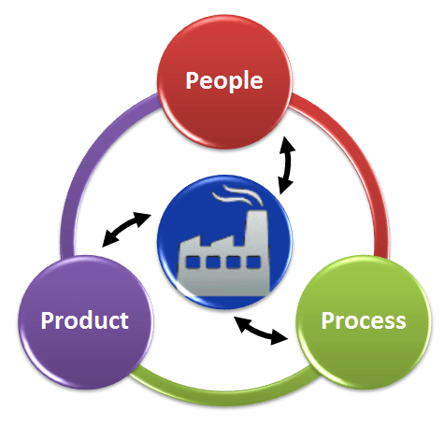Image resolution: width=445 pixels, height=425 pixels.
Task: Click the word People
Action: point(224,80)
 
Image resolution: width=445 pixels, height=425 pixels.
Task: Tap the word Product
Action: point(84,320)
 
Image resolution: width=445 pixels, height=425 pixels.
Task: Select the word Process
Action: point(364,320)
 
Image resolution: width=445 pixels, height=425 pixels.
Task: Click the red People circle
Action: point(224,81)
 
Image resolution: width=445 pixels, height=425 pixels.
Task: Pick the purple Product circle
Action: point(86,322)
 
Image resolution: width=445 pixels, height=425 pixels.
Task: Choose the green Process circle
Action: point(364,322)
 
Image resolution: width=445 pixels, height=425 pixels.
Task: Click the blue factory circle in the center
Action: point(224,242)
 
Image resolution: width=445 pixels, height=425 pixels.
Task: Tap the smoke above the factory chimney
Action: point(237,195)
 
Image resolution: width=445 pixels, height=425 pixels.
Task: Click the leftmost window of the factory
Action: point(192,262)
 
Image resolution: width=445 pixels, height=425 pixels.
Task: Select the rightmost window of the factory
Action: point(253,262)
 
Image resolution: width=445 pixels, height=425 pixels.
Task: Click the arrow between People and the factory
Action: point(286,165)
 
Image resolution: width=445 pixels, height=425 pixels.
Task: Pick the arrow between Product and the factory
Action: point(126,229)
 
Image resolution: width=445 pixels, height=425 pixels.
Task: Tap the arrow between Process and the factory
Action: point(261,330)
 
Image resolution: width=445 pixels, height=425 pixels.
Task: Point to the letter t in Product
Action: point(123,320)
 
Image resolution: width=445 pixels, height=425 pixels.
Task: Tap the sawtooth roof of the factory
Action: point(212,242)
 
